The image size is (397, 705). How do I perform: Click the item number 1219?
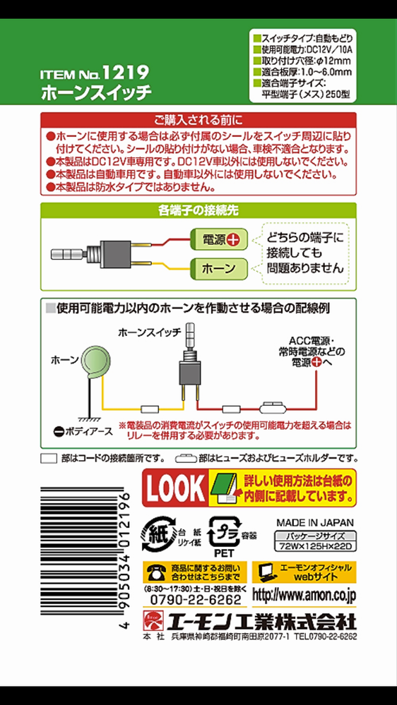[125, 72]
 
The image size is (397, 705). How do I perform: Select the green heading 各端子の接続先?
[198, 210]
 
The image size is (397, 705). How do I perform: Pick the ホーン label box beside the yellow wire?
[219, 269]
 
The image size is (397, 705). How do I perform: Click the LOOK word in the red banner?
[175, 486]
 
